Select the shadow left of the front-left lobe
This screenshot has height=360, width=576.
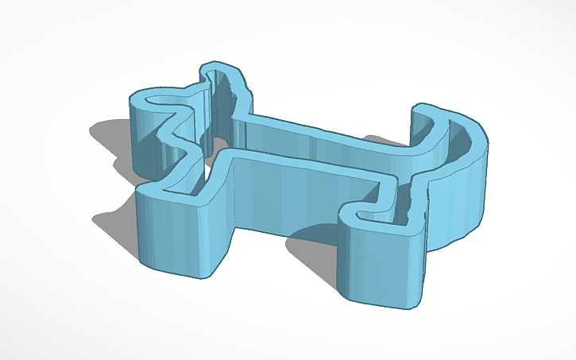click(115, 223)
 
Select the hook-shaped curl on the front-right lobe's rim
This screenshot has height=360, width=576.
click(354, 213)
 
